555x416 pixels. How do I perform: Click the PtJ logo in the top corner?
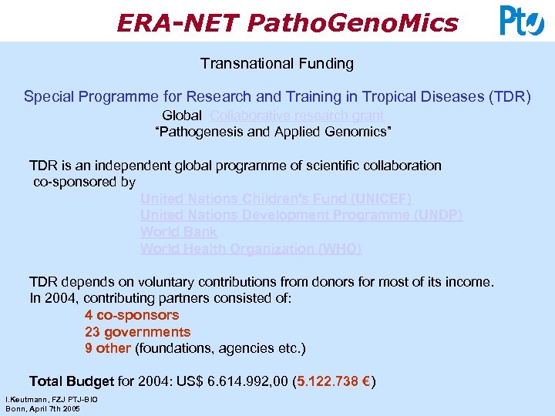pyautogui.click(x=522, y=21)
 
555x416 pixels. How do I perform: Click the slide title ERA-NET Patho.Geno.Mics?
pyautogui.click(x=287, y=23)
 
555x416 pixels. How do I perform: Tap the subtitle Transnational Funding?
pyautogui.click(x=277, y=64)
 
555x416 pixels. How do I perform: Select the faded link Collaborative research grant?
pyautogui.click(x=297, y=116)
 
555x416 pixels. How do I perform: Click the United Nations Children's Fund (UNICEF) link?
pyautogui.click(x=276, y=199)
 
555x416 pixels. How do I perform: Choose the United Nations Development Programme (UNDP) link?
pyautogui.click(x=301, y=216)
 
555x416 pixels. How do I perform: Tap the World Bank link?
pyautogui.click(x=179, y=232)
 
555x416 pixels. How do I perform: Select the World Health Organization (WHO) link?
pyautogui.click(x=251, y=249)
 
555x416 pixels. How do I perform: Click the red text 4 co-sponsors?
pyautogui.click(x=132, y=315)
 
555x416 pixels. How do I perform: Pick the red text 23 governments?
pyautogui.click(x=137, y=332)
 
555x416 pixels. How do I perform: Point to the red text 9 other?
pyautogui.click(x=108, y=349)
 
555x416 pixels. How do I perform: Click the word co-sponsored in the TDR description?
pyautogui.click(x=75, y=183)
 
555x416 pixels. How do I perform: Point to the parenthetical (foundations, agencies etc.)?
pyautogui.click(x=220, y=349)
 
